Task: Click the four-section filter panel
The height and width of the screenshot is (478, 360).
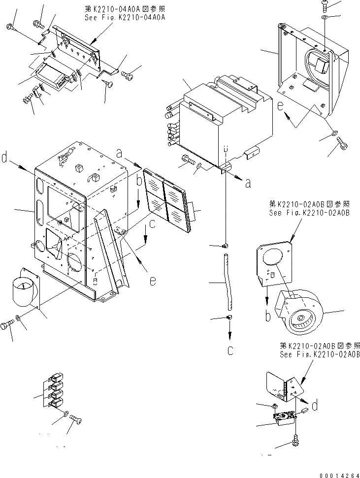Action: point(167,199)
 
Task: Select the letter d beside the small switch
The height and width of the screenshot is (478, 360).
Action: point(314,406)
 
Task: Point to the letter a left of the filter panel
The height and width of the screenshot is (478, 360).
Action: point(119,154)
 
